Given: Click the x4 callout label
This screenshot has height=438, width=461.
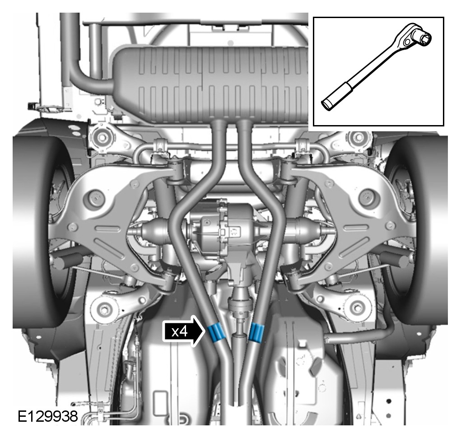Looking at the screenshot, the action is [x=180, y=332].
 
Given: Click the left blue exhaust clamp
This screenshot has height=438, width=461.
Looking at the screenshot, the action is [x=216, y=332].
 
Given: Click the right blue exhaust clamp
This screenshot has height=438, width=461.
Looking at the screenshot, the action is [x=256, y=332].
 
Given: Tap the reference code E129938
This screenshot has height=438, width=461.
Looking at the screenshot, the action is [x=47, y=416].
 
